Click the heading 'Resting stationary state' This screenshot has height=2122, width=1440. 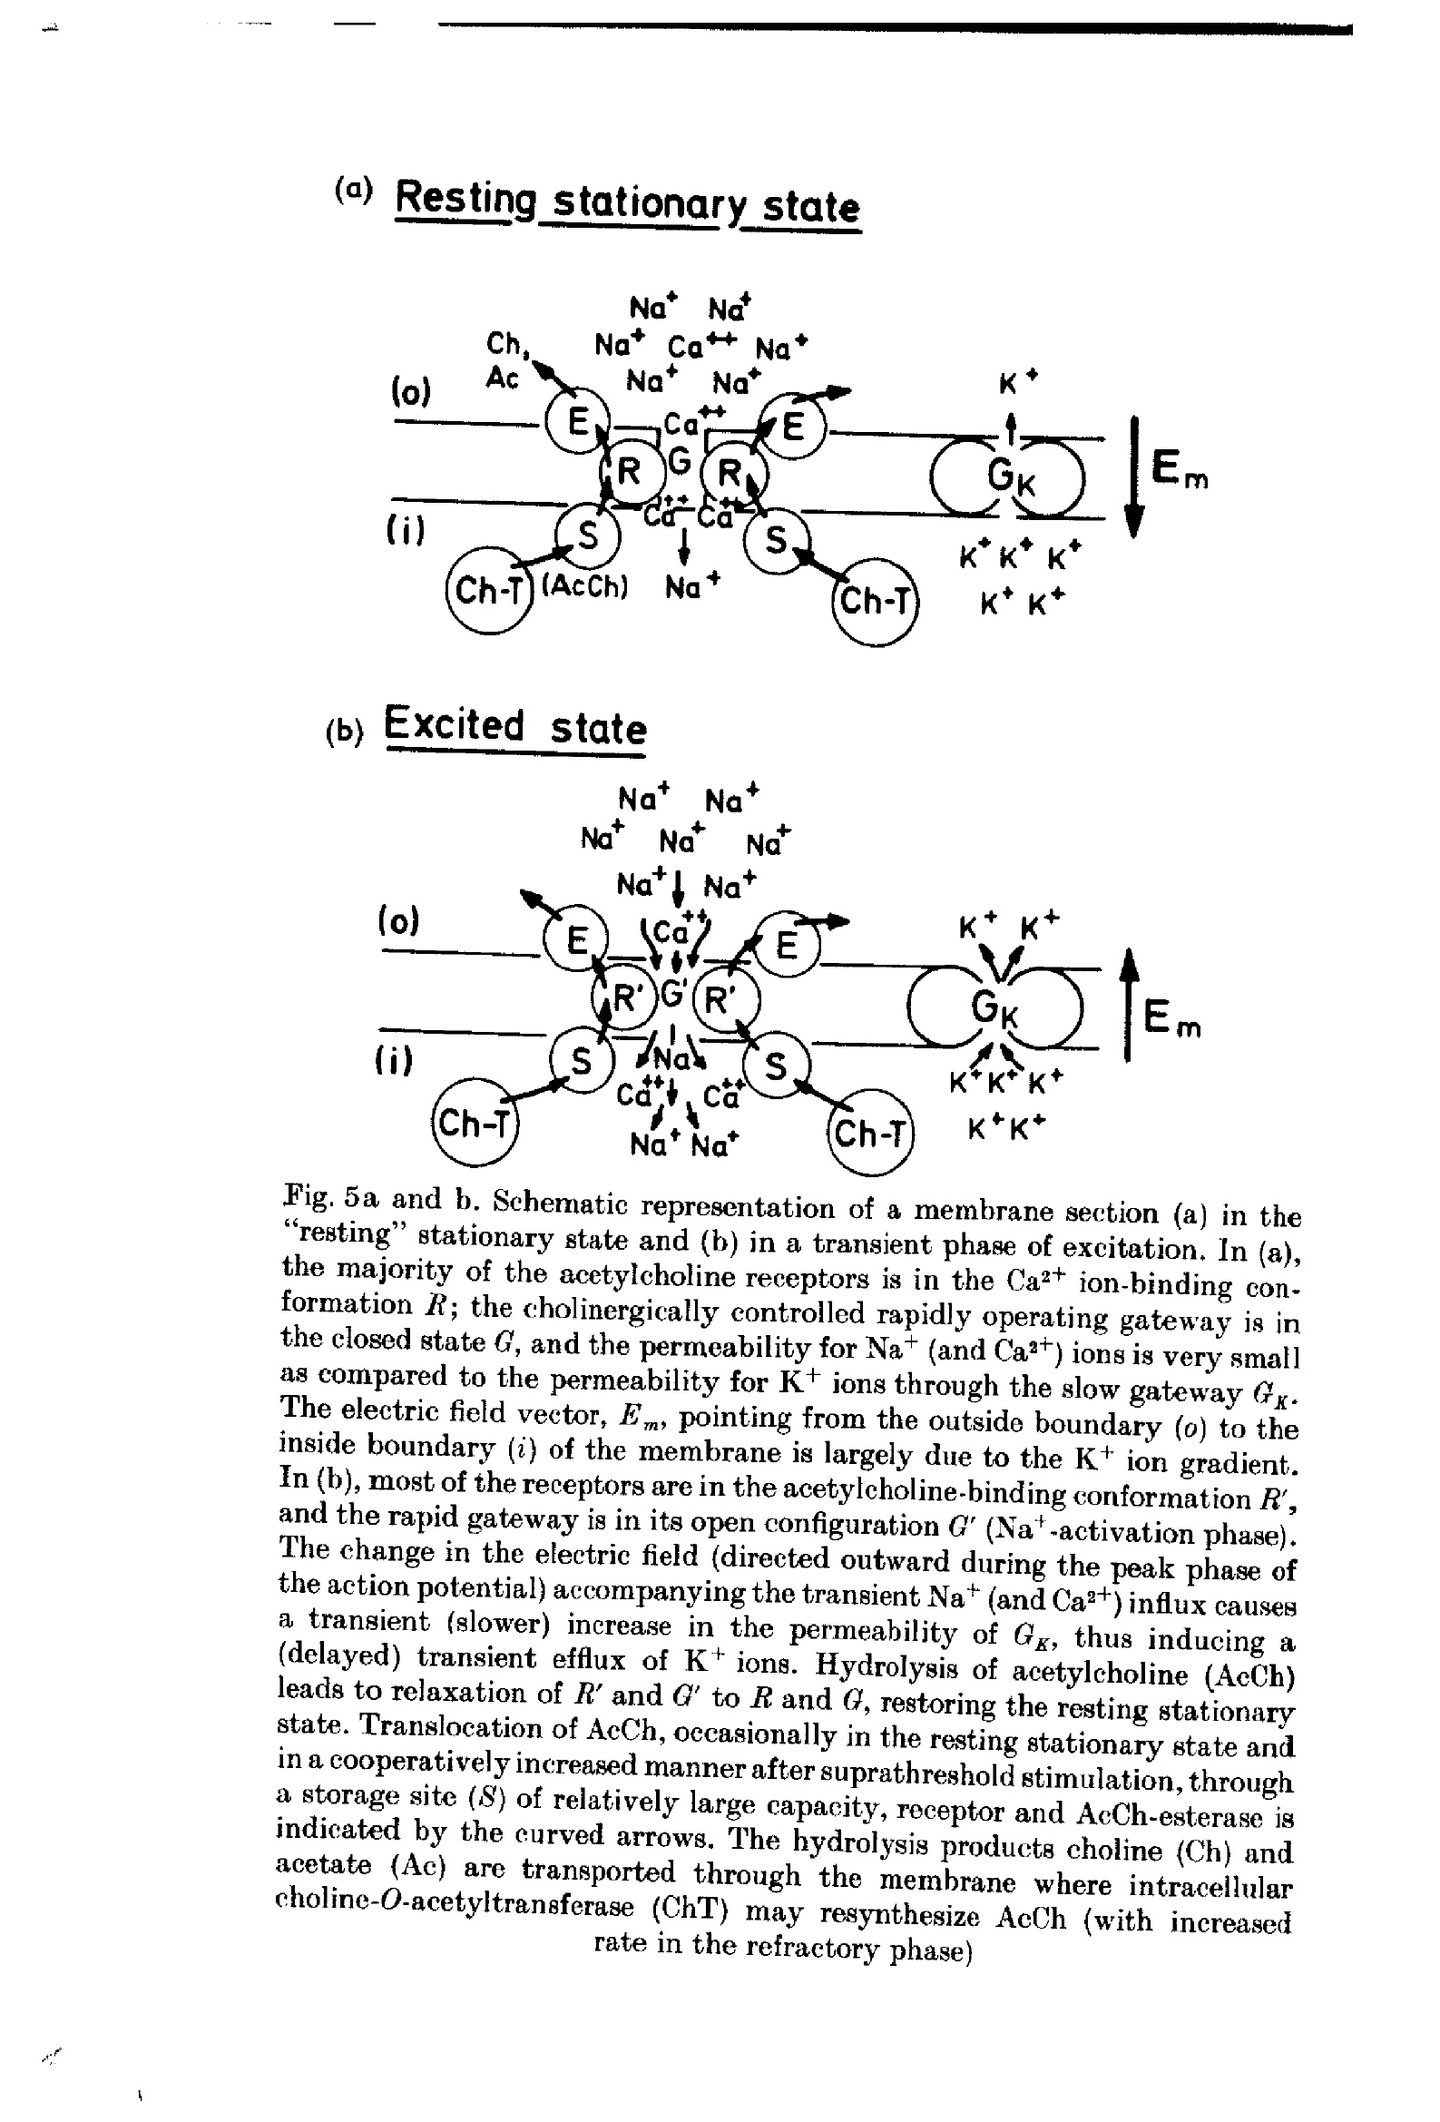coord(628,203)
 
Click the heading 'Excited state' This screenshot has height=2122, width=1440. coord(515,727)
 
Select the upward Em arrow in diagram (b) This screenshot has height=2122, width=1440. coord(1129,1004)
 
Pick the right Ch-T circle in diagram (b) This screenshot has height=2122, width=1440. coord(870,1133)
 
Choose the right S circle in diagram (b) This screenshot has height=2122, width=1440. coord(775,1066)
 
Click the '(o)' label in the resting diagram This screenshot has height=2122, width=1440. coord(410,393)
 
